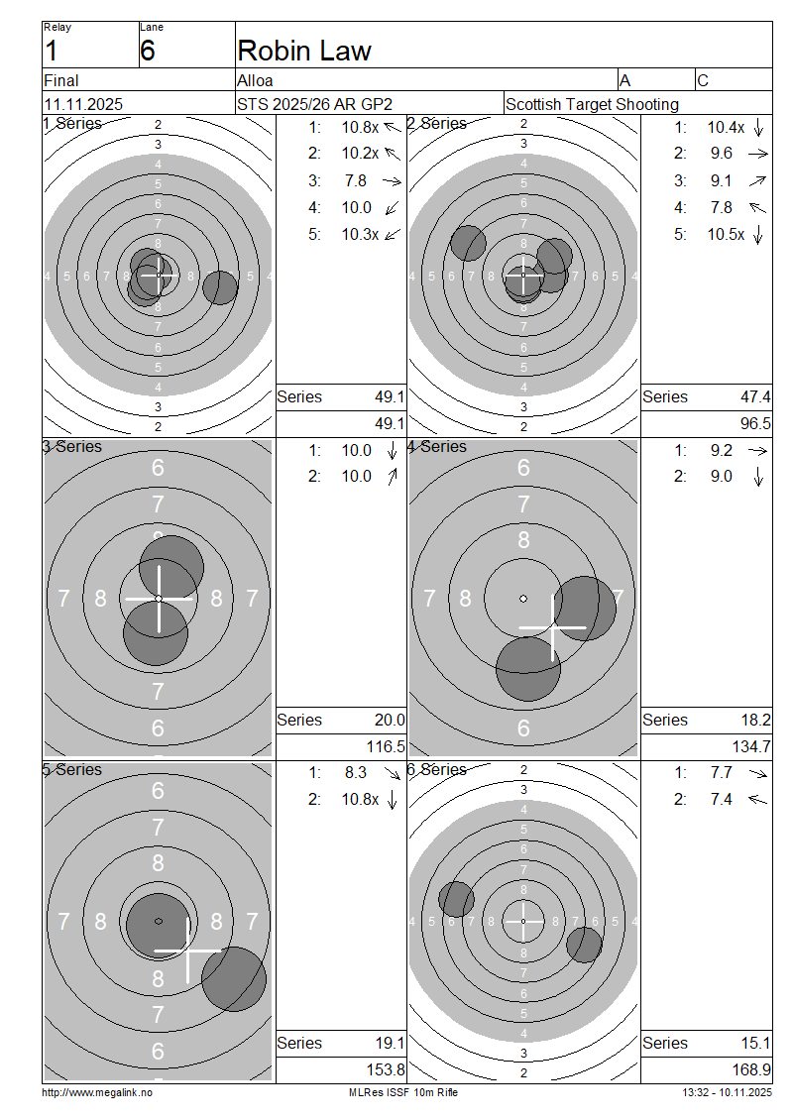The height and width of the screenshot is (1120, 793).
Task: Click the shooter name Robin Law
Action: (304, 51)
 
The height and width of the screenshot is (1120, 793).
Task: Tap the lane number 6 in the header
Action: (148, 51)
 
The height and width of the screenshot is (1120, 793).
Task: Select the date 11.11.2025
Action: (83, 104)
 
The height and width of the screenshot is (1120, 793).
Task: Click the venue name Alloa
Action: (255, 80)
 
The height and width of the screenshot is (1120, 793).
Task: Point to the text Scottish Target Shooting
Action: (592, 104)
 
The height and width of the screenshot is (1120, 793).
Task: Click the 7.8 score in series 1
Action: (355, 180)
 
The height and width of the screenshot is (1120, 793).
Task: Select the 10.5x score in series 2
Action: (726, 234)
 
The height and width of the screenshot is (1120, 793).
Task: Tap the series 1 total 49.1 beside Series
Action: (391, 396)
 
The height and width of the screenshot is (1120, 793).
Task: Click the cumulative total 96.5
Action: (756, 423)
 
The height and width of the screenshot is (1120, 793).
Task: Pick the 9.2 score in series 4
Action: (721, 451)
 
